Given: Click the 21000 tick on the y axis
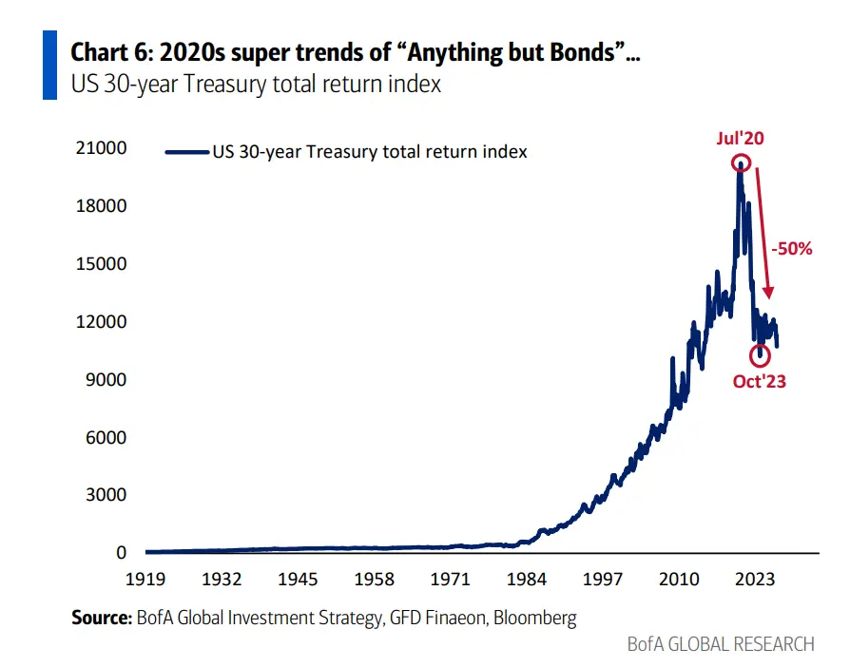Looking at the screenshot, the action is click(102, 148).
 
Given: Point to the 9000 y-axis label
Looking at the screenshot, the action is click(106, 379).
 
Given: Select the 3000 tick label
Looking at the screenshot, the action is click(106, 495).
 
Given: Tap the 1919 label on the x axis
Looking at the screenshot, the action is click(145, 580).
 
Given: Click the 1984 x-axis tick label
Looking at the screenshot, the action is click(527, 580).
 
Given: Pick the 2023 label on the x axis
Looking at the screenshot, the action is click(755, 580).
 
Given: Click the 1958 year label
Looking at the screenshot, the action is click(374, 580).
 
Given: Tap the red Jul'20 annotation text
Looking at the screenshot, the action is click(740, 138).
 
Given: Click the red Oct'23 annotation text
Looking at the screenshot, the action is click(759, 381).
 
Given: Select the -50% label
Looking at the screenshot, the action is click(792, 249).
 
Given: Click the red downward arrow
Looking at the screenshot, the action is click(763, 233).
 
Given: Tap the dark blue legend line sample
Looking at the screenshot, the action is click(187, 152).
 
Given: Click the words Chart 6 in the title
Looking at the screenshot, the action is click(111, 52).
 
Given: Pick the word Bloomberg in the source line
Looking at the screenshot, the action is click(535, 619).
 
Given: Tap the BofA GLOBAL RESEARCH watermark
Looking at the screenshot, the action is click(721, 644).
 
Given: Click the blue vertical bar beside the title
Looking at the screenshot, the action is click(49, 65).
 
